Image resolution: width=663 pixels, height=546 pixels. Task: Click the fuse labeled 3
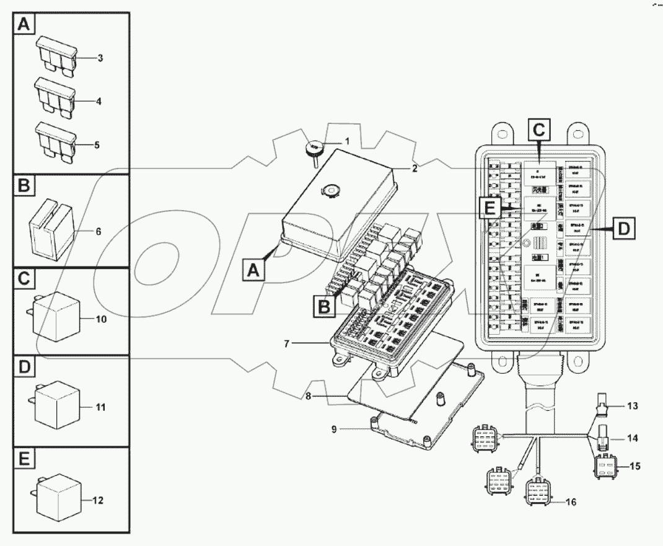(x=56, y=55)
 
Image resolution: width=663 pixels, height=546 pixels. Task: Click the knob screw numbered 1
(x=314, y=149)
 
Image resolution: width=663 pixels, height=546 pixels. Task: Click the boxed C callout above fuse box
(x=538, y=130)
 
